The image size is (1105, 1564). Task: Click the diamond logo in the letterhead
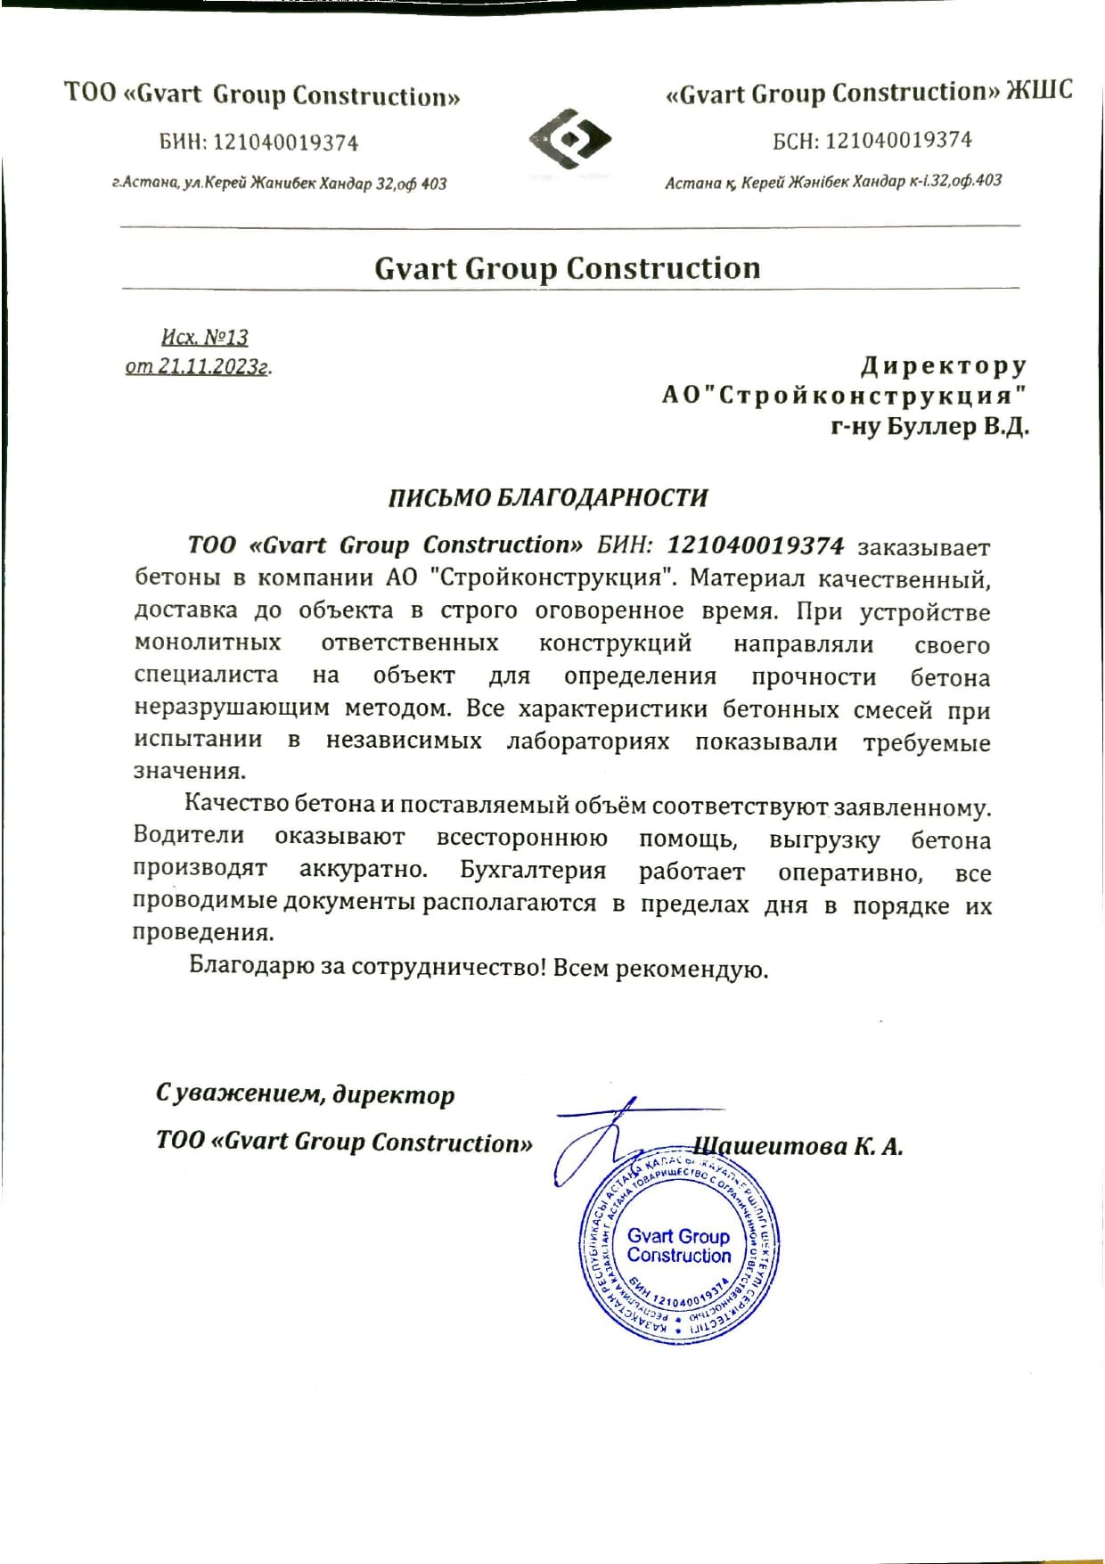click(x=570, y=139)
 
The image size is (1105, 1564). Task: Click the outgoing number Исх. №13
click(x=205, y=337)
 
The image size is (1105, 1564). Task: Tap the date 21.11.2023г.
click(x=214, y=365)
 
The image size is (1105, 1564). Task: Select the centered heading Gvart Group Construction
click(x=568, y=268)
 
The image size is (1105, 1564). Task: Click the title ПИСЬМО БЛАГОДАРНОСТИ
click(x=548, y=497)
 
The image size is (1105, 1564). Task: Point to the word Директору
click(x=944, y=365)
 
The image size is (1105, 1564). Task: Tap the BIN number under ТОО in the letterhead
click(x=285, y=143)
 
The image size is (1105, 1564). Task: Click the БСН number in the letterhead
click(x=898, y=140)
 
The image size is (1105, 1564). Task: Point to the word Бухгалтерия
click(x=533, y=870)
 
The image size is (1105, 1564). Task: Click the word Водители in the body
click(x=189, y=835)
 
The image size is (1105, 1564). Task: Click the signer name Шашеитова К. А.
click(x=798, y=1146)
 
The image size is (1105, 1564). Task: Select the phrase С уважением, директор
click(x=305, y=1093)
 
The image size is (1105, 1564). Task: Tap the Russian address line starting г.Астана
click(x=280, y=184)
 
